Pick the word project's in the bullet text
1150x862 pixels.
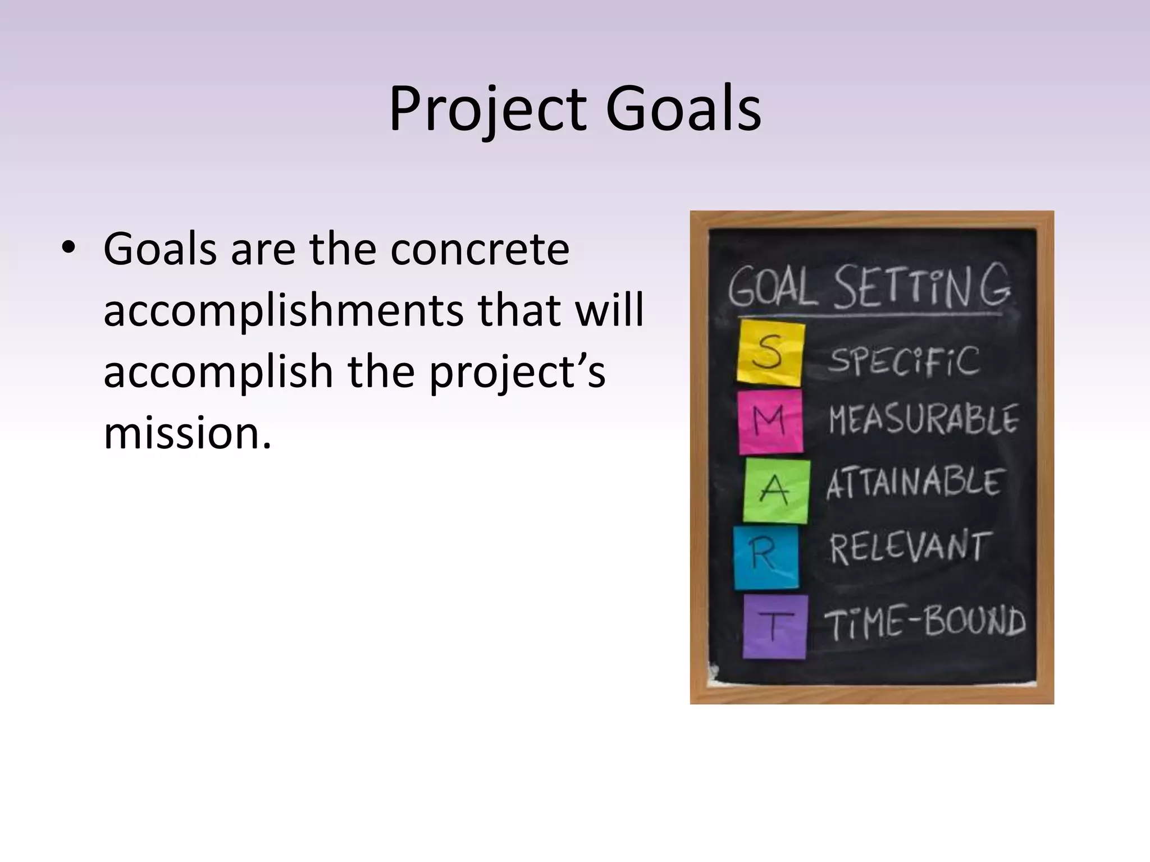click(x=517, y=372)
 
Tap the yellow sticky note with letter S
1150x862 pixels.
click(x=770, y=353)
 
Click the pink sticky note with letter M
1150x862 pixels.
click(x=770, y=421)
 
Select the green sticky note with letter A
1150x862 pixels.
click(x=776, y=490)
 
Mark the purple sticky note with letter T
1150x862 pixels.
click(x=775, y=626)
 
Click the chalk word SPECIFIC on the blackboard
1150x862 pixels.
click(x=903, y=361)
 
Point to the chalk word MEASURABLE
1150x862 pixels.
click(x=924, y=420)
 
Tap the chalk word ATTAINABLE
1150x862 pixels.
click(x=913, y=483)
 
